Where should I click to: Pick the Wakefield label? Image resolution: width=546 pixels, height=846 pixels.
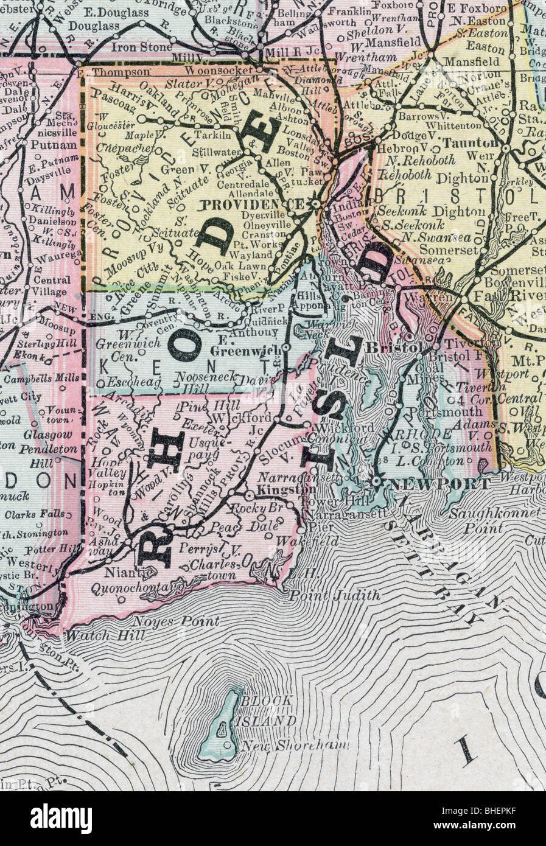point(307,540)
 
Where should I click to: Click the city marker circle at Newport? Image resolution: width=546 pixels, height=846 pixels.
point(376,481)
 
